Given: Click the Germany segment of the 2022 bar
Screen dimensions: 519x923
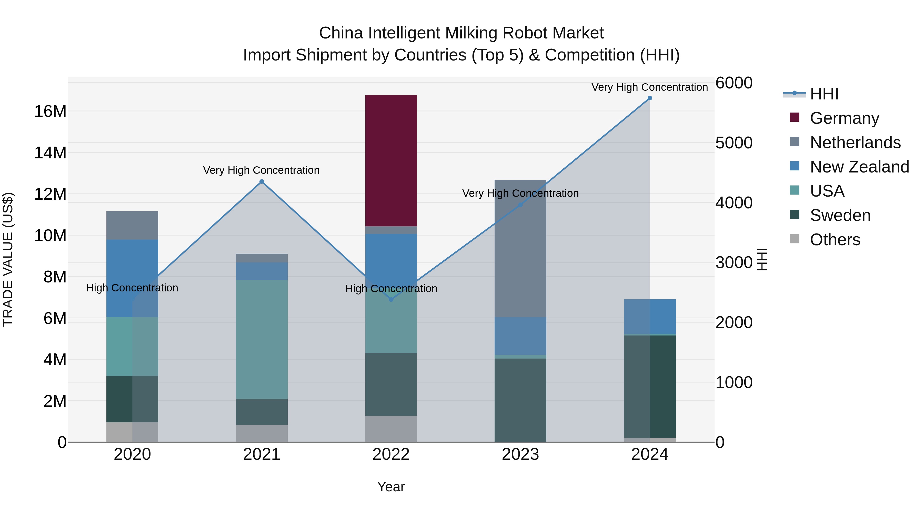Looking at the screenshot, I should (391, 160).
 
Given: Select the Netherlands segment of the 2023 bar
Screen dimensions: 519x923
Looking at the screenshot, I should (520, 248).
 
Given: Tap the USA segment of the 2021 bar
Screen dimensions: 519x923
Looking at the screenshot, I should (262, 339).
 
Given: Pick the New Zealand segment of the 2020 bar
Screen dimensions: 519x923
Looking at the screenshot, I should (132, 278).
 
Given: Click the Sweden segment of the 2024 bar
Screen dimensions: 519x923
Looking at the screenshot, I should (650, 386).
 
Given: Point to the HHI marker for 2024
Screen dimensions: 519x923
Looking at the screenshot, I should (650, 98).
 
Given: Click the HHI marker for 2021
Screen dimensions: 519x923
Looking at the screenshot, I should (262, 182).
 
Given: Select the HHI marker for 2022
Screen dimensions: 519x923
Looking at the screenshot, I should (391, 299).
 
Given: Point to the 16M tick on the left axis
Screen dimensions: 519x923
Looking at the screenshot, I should (50, 111).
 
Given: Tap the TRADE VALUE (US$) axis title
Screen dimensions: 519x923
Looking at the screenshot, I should (8, 259).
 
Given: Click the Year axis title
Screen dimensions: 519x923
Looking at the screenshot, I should (391, 487).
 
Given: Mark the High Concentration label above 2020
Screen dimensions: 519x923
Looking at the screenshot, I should (132, 288).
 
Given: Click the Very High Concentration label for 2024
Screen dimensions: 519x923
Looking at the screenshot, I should (650, 87).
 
